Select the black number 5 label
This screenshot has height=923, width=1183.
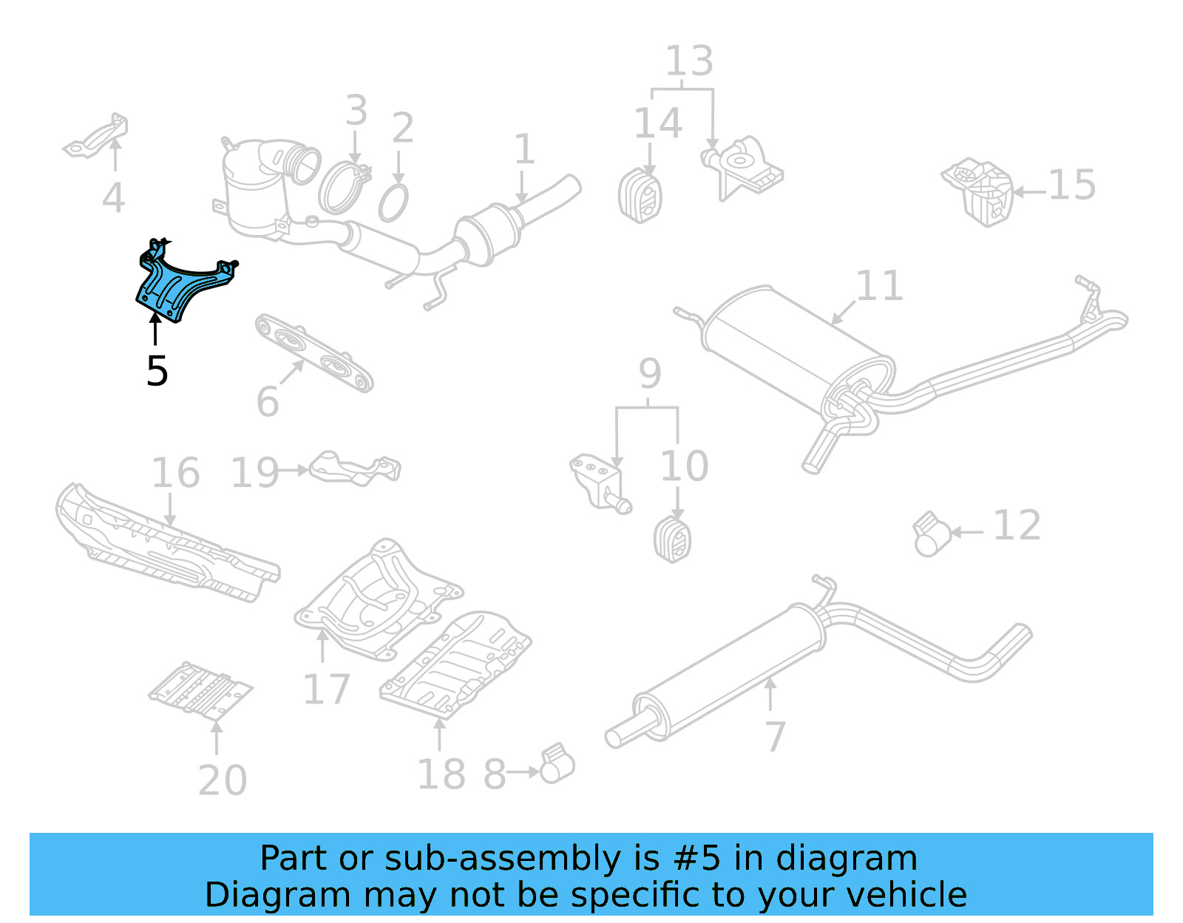pyautogui.click(x=157, y=371)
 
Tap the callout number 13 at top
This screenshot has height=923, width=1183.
pyautogui.click(x=689, y=61)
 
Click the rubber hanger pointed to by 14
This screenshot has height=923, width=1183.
pyautogui.click(x=640, y=196)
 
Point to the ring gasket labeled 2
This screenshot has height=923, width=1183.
pyautogui.click(x=393, y=203)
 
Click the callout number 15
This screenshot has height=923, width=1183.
pyautogui.click(x=1072, y=185)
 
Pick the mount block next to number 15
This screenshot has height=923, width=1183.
pyautogui.click(x=977, y=191)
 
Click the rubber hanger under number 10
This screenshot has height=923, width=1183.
pyautogui.click(x=673, y=539)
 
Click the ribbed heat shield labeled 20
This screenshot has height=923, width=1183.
pyautogui.click(x=200, y=690)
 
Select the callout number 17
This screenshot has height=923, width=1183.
pyautogui.click(x=326, y=689)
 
